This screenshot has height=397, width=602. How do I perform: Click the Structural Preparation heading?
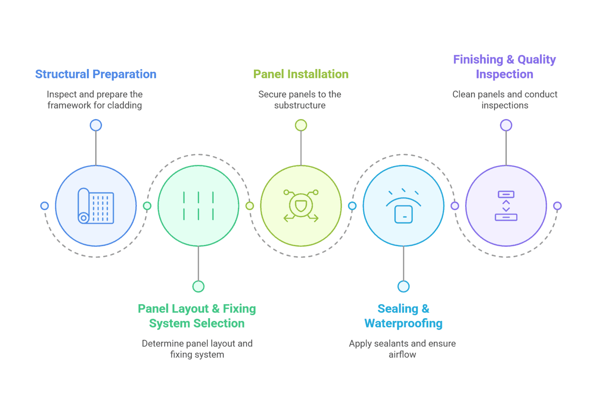tap(96, 74)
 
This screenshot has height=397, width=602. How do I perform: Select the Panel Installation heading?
tap(301, 74)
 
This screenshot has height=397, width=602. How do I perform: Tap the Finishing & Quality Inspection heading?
tap(504, 67)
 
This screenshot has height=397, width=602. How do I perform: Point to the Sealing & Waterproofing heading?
tap(403, 316)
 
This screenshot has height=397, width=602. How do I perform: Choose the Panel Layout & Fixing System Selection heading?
tap(197, 316)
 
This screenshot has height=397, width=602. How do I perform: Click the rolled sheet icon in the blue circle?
tap(96, 206)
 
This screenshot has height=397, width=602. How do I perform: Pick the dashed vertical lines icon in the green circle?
tap(198, 206)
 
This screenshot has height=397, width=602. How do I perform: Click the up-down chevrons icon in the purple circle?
tap(506, 206)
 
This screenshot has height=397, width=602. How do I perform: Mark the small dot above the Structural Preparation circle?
tap(96, 125)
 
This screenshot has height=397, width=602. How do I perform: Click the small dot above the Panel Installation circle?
tap(301, 125)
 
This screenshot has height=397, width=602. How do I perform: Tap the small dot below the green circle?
tap(198, 286)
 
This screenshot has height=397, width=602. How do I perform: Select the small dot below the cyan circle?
tap(403, 286)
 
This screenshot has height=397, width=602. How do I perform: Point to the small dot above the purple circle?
tap(506, 125)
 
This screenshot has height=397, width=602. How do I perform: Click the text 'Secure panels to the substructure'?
tap(300, 100)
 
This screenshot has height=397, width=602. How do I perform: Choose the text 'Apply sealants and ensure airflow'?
tap(403, 349)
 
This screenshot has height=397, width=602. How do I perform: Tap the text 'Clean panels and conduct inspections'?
tap(505, 100)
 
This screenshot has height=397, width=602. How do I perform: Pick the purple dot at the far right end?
tap(557, 206)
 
